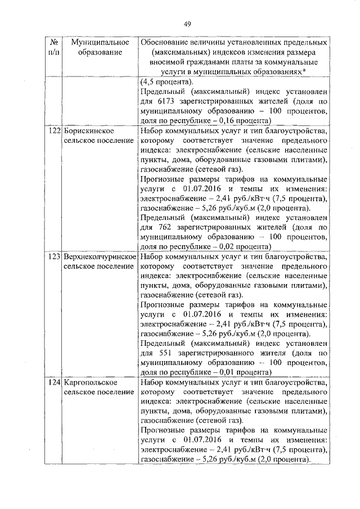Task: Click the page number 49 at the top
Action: coord(187,23)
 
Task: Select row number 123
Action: coord(54,256)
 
